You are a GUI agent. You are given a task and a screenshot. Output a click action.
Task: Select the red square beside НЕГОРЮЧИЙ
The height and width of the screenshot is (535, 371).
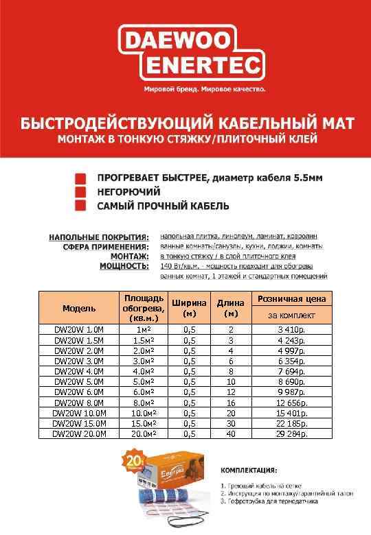[x=81, y=191]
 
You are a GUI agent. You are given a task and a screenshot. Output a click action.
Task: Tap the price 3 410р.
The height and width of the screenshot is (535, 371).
[x=293, y=329]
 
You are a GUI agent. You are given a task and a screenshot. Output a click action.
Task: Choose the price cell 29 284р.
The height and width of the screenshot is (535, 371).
[x=293, y=433]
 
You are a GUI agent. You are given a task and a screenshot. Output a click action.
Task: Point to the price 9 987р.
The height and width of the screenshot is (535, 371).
[x=293, y=392]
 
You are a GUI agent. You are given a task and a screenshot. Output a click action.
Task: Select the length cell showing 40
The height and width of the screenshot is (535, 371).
[x=231, y=433]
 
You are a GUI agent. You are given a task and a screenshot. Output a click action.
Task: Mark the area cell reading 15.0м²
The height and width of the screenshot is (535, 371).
[x=144, y=423]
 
